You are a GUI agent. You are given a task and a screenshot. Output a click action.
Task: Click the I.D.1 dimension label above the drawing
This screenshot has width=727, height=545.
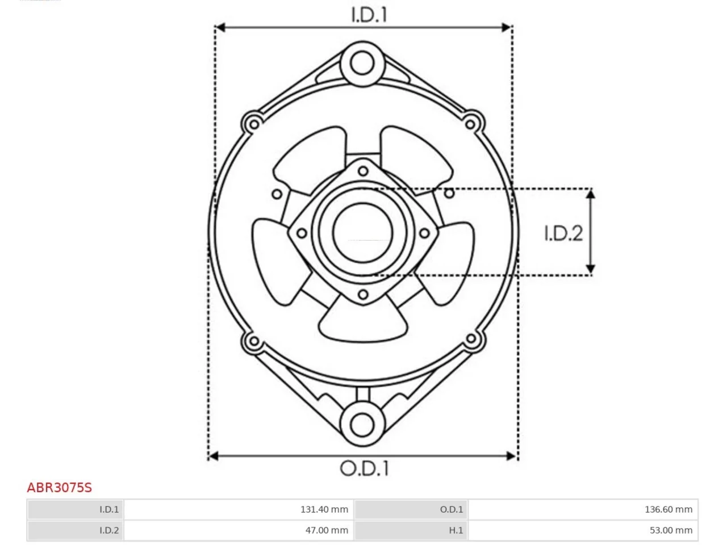(x=369, y=15)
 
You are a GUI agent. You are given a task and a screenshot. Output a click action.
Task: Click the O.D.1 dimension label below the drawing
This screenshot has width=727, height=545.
(x=364, y=468)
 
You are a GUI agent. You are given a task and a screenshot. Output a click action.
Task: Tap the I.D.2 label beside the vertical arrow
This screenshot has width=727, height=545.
(x=563, y=233)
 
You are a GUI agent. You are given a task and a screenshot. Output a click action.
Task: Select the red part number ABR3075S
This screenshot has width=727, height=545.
(x=59, y=488)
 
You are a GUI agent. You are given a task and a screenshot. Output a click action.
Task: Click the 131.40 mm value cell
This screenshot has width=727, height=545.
(x=239, y=509)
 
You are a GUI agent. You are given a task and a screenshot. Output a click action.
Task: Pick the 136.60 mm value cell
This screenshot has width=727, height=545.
(x=583, y=509)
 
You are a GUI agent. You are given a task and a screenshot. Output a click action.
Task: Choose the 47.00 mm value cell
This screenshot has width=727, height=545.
(x=239, y=530)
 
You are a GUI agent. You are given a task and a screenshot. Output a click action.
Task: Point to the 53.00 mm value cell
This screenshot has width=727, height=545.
(x=583, y=530)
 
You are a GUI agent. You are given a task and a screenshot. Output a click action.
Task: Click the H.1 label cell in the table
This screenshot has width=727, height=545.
(x=411, y=530)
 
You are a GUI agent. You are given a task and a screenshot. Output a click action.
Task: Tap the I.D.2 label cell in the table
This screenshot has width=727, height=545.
(x=76, y=530)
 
